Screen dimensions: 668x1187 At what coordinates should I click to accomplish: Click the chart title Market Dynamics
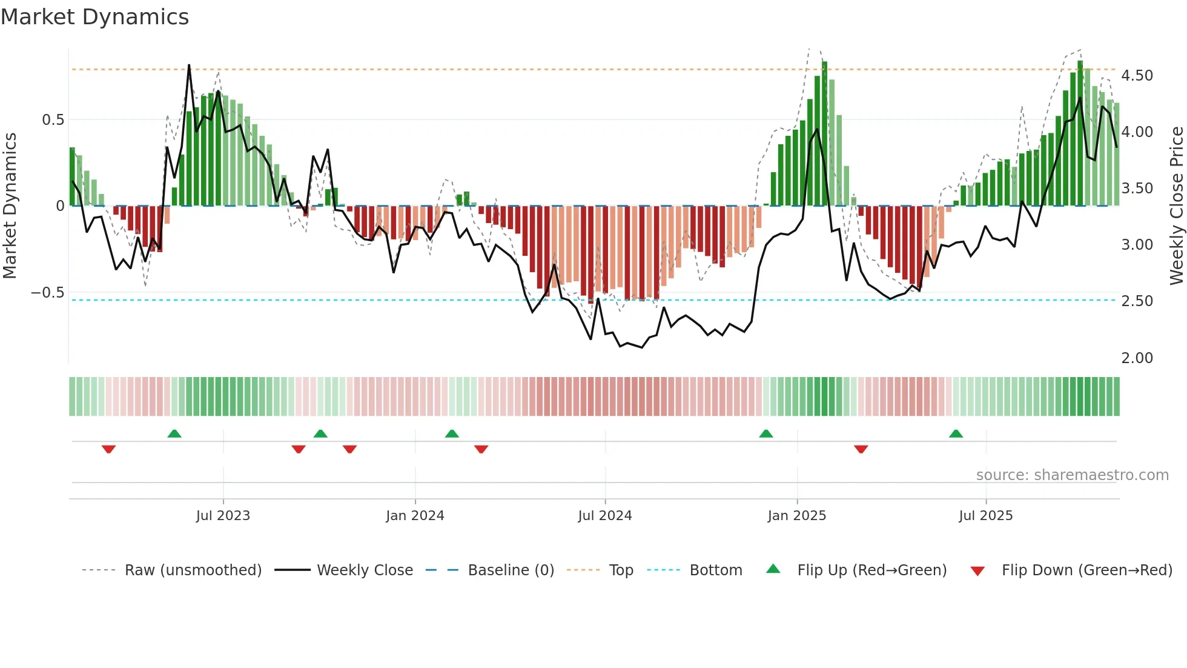(95, 17)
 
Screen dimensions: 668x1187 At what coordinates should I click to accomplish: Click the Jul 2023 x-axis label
(223, 516)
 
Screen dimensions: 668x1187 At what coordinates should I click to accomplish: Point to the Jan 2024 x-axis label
(415, 516)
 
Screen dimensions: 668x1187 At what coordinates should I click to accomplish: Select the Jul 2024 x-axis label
(604, 516)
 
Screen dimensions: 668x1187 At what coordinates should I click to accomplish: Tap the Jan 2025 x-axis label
(796, 516)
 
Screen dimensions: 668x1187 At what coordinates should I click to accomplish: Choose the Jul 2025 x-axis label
(985, 516)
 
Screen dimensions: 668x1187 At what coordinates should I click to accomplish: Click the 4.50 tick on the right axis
(1137, 76)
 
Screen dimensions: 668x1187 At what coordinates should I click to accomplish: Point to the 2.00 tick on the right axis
(1137, 358)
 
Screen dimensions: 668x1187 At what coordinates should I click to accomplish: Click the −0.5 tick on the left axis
(47, 293)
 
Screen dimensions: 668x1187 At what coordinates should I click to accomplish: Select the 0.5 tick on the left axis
(53, 120)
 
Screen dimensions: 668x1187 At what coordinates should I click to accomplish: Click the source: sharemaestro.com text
(1072, 475)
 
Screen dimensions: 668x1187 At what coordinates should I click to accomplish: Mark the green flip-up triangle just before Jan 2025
(765, 433)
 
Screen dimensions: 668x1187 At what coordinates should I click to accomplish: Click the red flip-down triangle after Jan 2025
(861, 449)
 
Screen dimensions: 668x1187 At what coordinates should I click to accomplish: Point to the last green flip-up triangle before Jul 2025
(956, 433)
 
